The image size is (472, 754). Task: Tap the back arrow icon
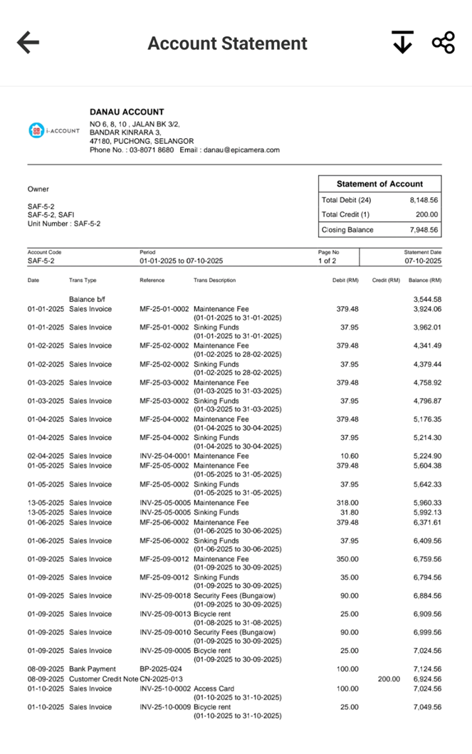28,43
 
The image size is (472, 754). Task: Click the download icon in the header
402,43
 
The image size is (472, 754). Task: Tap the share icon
443,43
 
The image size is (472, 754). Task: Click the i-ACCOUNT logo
54,130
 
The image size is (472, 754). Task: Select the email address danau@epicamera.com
241,150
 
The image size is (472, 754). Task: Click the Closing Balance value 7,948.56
424,230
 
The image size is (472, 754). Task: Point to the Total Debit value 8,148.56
424,200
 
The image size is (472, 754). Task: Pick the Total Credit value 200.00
427,214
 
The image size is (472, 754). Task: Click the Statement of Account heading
379,184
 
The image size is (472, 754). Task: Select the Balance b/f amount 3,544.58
427,300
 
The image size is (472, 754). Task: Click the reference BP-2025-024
162,669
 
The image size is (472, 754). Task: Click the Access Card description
216,688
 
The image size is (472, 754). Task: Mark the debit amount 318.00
347,503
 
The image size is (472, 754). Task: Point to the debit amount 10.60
349,456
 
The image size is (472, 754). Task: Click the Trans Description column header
215,281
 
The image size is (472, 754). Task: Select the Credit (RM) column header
386,281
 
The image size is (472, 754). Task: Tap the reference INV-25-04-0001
165,456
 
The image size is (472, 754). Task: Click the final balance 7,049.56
427,707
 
